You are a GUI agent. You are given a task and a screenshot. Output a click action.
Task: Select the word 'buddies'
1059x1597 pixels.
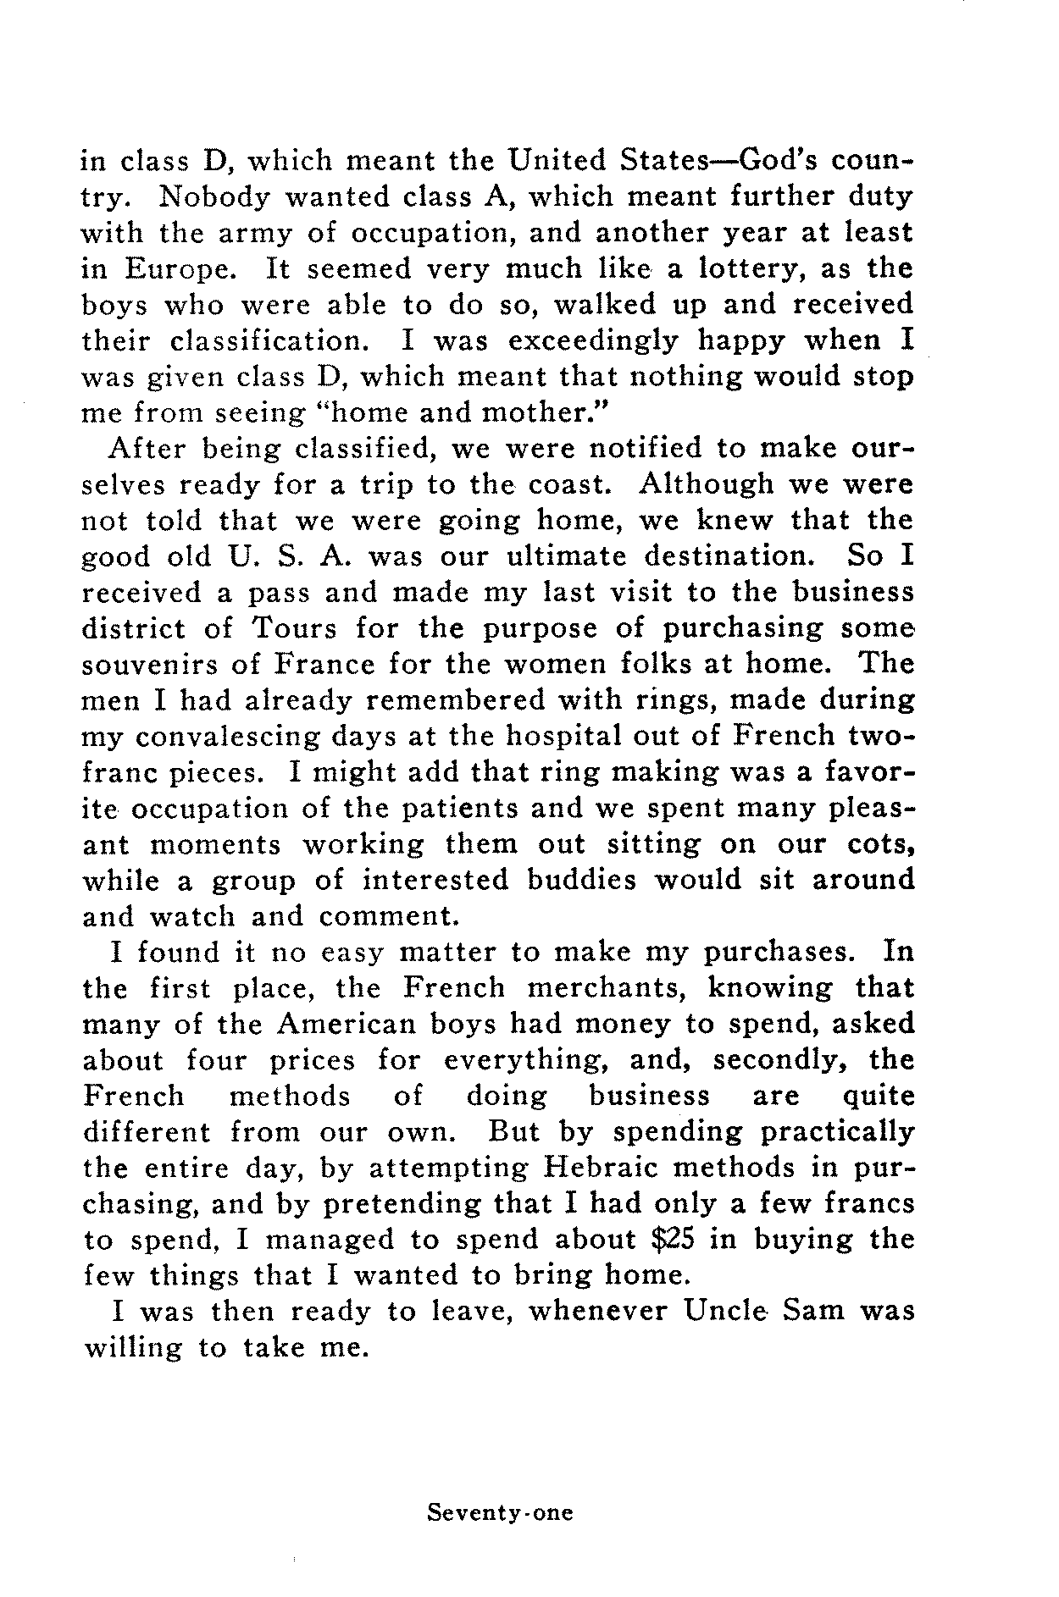pyautogui.click(x=581, y=881)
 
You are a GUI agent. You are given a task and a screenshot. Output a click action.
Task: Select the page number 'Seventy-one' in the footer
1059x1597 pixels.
pyautogui.click(x=500, y=1512)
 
